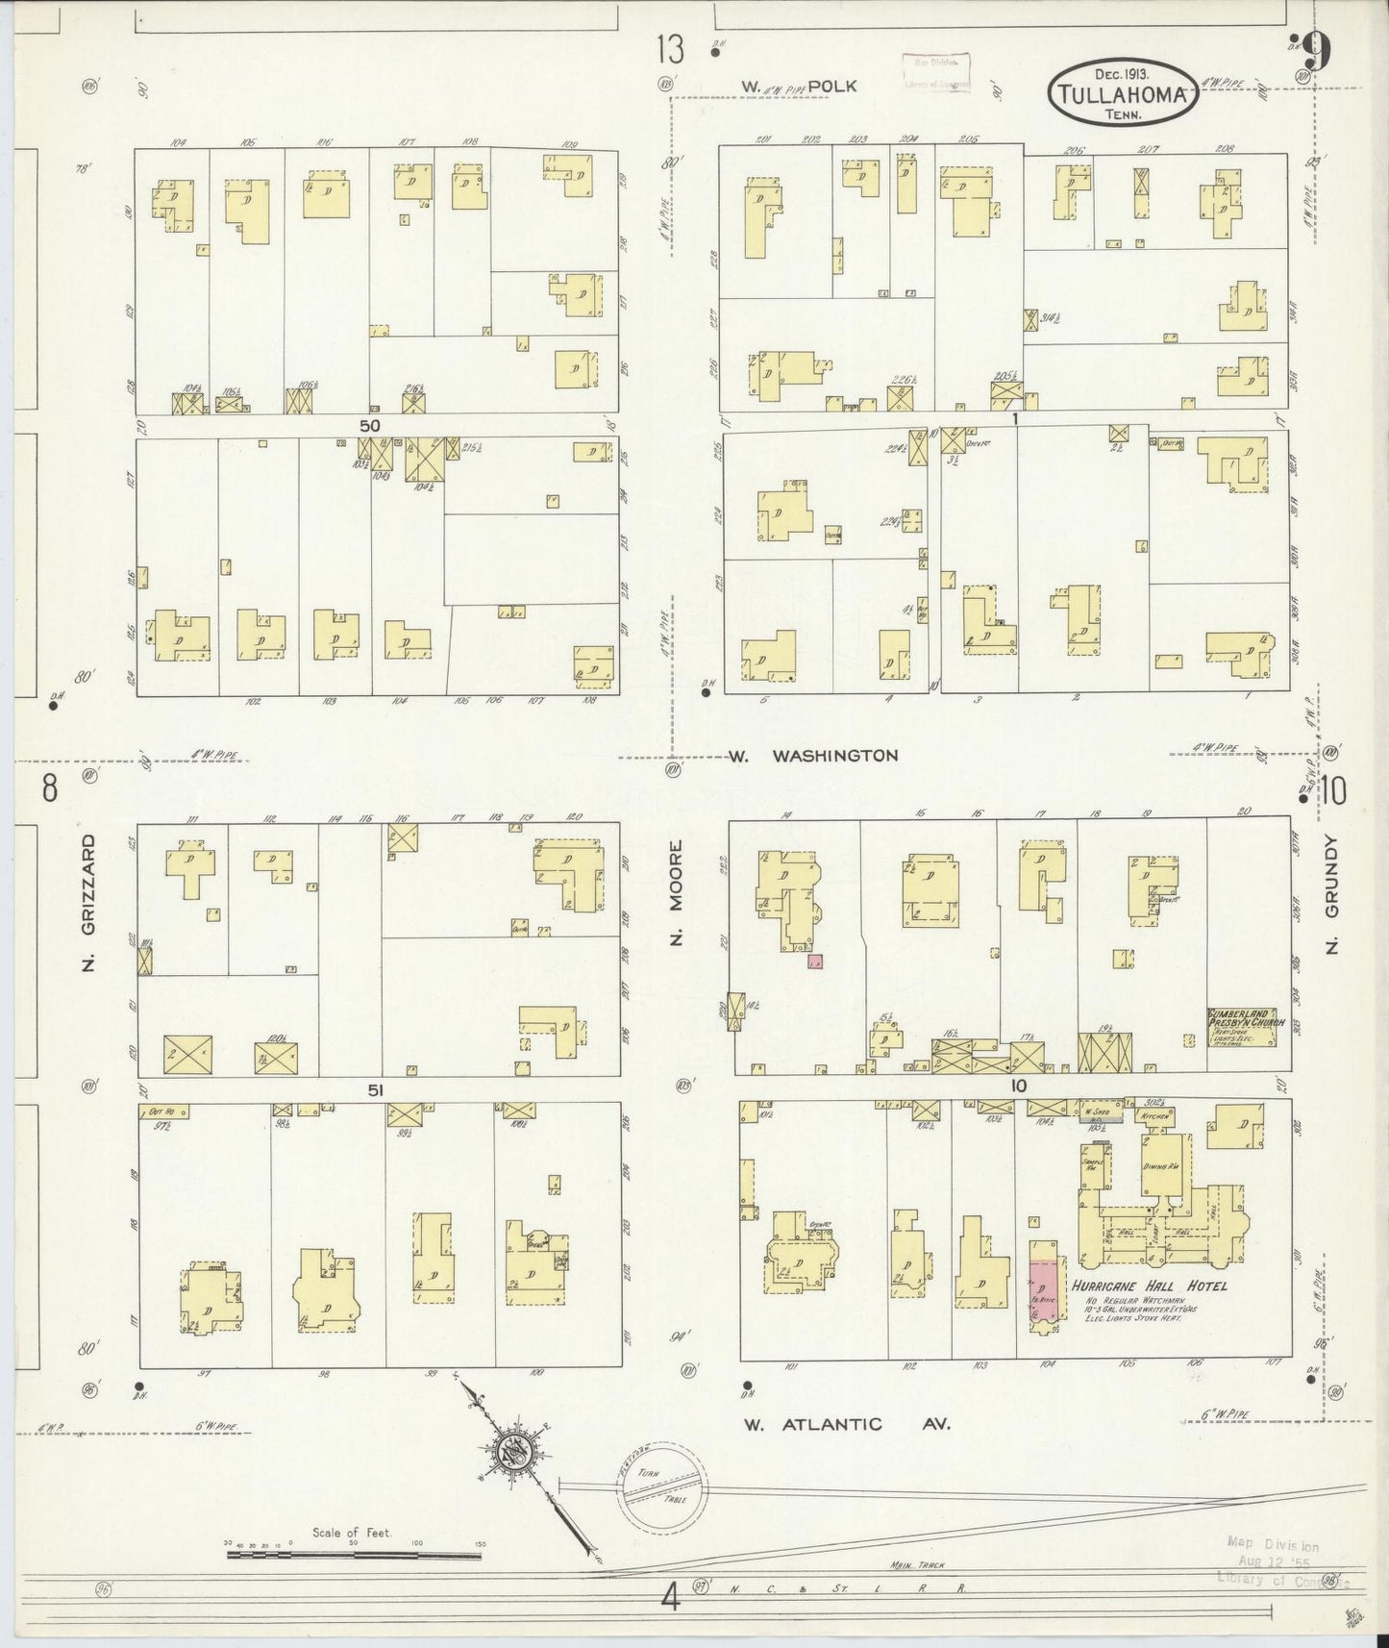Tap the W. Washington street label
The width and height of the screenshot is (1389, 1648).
point(812,756)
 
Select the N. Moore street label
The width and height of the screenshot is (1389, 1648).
point(677,893)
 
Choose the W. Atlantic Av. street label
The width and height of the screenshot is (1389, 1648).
point(846,1424)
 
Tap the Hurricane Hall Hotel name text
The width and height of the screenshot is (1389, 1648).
point(1148,1286)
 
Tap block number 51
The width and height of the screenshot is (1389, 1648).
point(375,1089)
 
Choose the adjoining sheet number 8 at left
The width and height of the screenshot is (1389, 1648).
point(48,788)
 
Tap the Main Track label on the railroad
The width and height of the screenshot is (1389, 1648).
point(918,1564)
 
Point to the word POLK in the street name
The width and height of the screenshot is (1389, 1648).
point(831,86)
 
